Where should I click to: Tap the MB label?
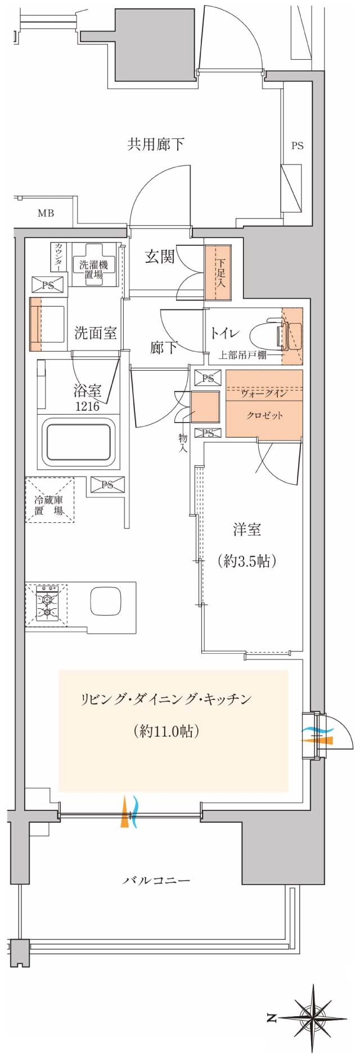(46, 213)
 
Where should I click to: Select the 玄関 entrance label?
(160, 257)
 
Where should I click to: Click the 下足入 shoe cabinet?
(218, 272)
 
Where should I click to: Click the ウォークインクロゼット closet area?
(264, 404)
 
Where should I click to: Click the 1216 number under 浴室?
(87, 406)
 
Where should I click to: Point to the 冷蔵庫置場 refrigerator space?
(49, 500)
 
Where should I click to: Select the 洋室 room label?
(246, 529)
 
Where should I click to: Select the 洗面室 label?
(96, 333)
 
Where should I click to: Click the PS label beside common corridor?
(297, 146)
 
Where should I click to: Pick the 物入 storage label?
(183, 443)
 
